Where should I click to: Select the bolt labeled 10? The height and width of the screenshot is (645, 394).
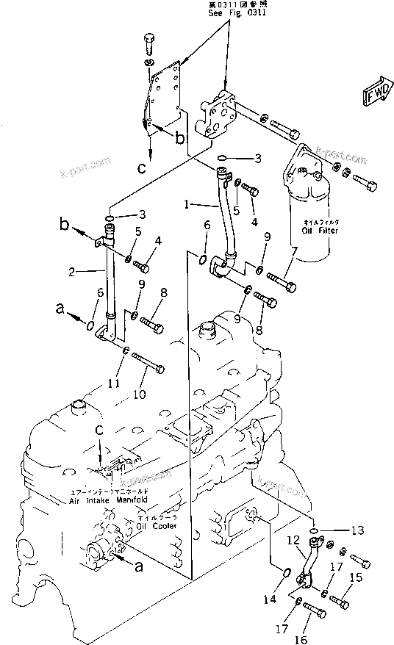tap(147, 363)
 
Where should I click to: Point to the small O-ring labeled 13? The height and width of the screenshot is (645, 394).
tap(313, 529)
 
